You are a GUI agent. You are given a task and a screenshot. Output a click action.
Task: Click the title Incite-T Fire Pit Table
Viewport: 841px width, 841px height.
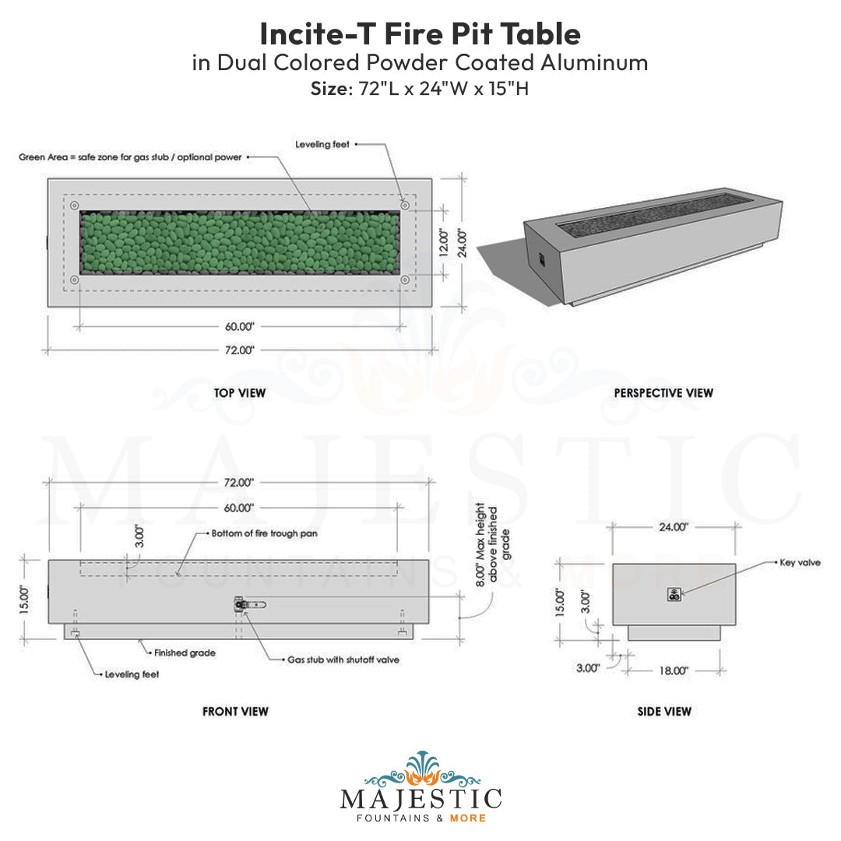coord(420,33)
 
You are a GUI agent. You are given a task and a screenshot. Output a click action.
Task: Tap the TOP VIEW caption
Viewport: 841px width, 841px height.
coord(240,393)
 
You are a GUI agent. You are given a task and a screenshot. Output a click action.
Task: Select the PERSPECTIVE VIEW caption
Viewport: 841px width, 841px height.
coord(663,393)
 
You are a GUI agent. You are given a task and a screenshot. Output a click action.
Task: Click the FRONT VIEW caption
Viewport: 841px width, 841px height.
coord(235,711)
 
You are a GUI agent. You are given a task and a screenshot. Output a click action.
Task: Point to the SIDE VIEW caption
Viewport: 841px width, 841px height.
coord(663,711)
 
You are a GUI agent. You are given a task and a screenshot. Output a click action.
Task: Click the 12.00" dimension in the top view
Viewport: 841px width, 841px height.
coord(444,243)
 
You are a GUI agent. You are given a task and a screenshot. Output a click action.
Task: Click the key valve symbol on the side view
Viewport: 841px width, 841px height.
coord(674,595)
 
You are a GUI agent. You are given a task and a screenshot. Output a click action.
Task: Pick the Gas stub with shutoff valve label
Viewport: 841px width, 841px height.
coord(343,660)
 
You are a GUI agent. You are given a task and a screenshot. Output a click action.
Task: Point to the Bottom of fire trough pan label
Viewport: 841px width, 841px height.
coord(265,534)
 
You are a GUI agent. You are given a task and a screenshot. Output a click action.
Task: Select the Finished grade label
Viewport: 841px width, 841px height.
coord(185,653)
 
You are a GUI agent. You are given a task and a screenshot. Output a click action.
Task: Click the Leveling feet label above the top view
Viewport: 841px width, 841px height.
coord(322,144)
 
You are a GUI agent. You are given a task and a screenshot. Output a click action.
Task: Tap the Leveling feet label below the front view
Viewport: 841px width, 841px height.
coord(132,674)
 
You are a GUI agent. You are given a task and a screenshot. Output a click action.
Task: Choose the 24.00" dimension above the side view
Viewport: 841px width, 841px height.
coord(674,527)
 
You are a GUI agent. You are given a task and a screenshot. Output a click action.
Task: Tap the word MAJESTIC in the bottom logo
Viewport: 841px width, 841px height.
coord(420,799)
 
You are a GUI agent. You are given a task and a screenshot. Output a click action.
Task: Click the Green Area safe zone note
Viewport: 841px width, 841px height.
coord(130,157)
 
